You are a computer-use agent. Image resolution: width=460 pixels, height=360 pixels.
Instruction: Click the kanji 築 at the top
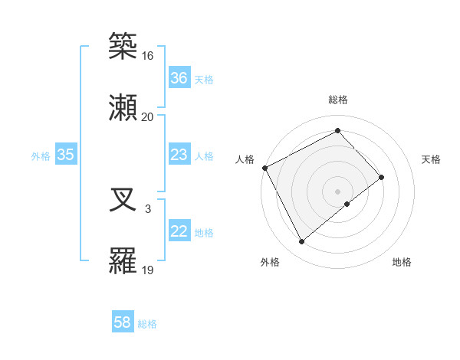pos(123,46)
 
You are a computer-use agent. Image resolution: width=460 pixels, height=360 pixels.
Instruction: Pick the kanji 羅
pos(123,261)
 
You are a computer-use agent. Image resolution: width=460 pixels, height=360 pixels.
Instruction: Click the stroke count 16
pos(147,56)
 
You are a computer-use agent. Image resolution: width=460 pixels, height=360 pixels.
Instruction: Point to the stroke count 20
pos(147,116)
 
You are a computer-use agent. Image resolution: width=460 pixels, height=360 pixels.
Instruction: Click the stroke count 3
pos(148,208)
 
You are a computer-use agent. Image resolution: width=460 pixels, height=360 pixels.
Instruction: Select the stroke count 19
pos(147,270)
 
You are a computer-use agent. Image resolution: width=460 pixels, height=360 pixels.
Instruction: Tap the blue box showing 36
pos(179,78)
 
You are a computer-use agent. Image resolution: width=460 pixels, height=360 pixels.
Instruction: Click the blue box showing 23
pos(179,155)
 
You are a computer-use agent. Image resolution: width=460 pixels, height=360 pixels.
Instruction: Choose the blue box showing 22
pos(179,232)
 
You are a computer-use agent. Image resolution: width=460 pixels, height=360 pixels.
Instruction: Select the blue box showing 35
pos(65,155)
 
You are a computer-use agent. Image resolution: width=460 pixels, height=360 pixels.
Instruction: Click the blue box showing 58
pos(123,323)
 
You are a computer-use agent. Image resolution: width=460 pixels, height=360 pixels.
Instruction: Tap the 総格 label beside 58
pos(147,324)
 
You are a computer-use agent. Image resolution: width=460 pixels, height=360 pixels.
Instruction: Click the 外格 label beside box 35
pos(41,156)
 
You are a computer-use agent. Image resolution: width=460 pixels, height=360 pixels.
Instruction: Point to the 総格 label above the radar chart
pos(337,100)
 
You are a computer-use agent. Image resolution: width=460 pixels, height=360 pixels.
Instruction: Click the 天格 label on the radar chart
pos(432,159)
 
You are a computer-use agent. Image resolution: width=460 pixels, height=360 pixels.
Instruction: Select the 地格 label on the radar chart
pos(402,263)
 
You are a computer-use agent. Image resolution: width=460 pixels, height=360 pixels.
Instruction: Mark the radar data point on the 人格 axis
pos(264,168)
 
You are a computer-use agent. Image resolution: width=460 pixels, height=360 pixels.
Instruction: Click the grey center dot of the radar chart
pos(337,191)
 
